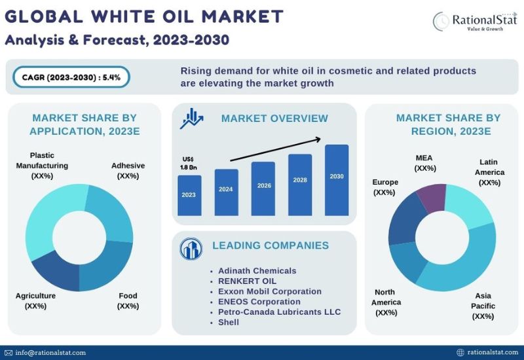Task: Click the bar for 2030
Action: click(x=337, y=180)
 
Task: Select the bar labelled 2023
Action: click(x=189, y=195)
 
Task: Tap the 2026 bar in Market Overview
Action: click(x=263, y=189)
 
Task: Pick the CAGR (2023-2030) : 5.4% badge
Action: click(x=71, y=77)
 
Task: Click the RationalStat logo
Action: click(x=475, y=22)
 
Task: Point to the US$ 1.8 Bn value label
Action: click(x=189, y=163)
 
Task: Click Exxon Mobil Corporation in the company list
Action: click(x=270, y=291)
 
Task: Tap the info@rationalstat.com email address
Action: click(x=50, y=353)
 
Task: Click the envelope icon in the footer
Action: click(x=9, y=353)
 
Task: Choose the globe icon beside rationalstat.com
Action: click(x=460, y=352)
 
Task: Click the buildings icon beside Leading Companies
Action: click(x=191, y=249)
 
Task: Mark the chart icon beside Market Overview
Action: click(x=191, y=118)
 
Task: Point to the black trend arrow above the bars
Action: click(x=275, y=149)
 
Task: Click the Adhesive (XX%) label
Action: click(x=128, y=171)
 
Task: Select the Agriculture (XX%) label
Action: click(x=35, y=301)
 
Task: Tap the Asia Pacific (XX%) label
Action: click(x=483, y=306)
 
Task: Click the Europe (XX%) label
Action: click(x=385, y=187)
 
